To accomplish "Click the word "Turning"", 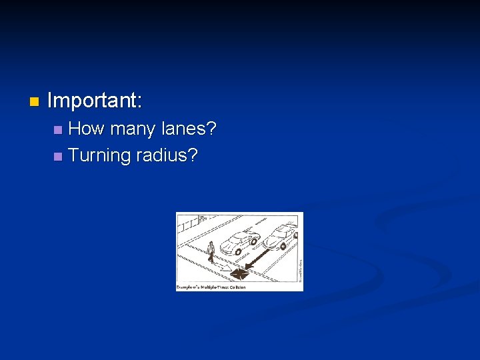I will click(99, 155).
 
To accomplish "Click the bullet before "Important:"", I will click(34, 102).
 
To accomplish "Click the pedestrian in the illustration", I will click(211, 252).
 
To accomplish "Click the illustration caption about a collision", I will click(211, 287).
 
